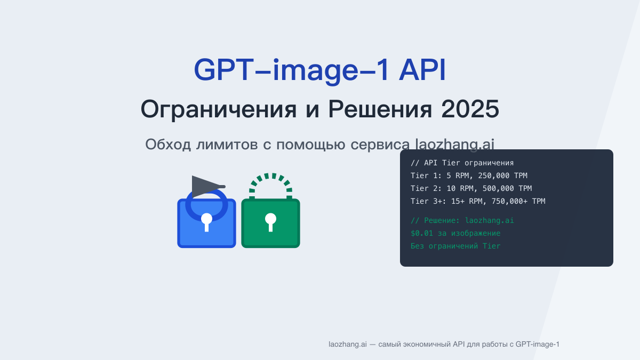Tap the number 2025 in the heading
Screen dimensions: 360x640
[470, 110]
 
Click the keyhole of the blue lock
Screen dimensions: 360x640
[206, 221]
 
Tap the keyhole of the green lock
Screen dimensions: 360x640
[270, 221]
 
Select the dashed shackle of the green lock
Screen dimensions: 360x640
[270, 182]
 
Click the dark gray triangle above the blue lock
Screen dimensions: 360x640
[205, 186]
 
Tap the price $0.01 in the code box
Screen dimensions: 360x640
[422, 233]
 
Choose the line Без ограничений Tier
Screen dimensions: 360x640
[455, 246]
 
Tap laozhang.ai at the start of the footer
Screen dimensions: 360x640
[347, 345]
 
